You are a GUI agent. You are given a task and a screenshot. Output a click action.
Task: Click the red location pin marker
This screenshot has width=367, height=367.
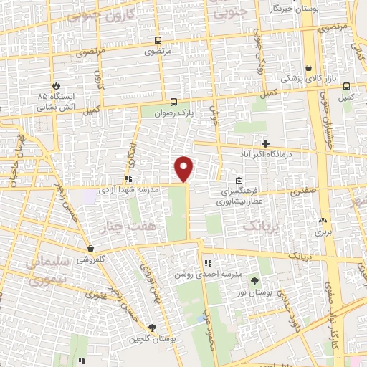184,168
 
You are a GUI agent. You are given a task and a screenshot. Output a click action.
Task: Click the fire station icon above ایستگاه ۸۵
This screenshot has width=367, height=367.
56,83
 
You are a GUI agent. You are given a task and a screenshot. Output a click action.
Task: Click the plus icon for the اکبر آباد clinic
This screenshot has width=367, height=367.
265,144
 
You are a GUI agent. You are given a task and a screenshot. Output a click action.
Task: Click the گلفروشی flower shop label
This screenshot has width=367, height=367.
92,259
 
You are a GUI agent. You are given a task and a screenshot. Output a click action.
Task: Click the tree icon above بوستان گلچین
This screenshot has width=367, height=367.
151,327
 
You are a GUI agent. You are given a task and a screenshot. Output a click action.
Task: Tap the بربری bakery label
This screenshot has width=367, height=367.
320,232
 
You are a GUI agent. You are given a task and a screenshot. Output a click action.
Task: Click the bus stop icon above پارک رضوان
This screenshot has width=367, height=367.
173,102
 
